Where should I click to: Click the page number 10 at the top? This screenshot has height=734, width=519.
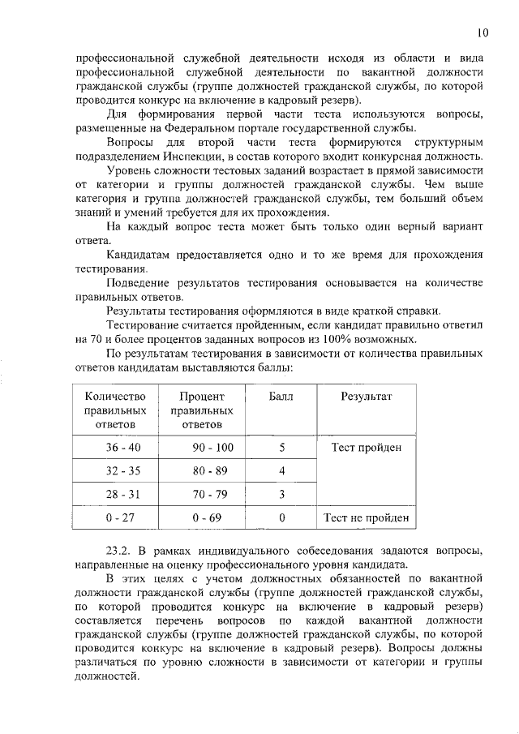point(483,33)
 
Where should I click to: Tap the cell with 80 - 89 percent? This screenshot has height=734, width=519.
point(202,470)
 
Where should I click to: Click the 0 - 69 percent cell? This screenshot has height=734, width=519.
point(202,517)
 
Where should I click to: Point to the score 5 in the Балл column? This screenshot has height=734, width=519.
point(281,448)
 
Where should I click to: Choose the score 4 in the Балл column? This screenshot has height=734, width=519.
point(281,470)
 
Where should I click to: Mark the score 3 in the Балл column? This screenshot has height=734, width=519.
point(281,494)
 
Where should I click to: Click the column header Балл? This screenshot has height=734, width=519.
point(281,397)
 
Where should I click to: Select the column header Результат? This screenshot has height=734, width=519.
point(367,397)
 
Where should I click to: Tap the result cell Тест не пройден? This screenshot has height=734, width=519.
point(367,517)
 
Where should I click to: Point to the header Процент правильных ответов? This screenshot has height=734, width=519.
point(202,410)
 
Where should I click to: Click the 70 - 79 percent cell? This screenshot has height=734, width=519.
point(202,494)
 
